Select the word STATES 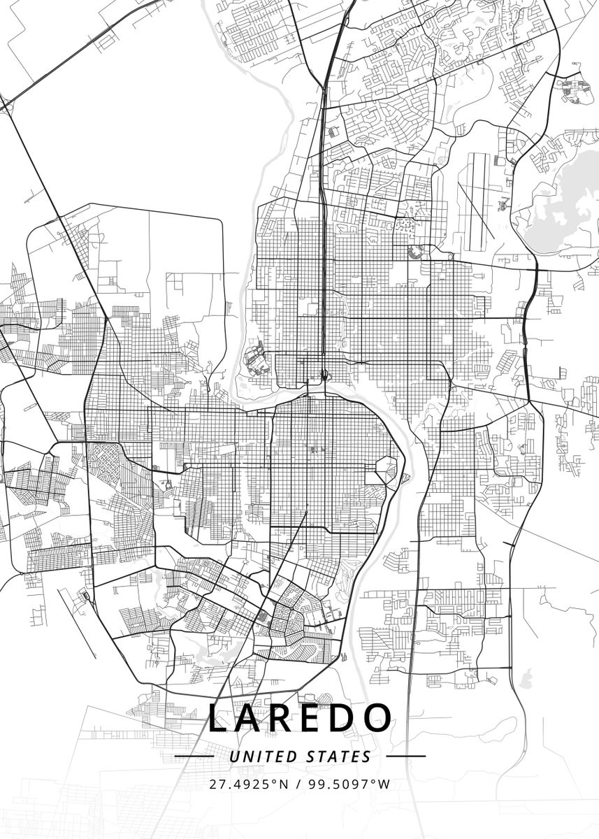pos(339,756)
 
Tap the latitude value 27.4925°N pos(247,784)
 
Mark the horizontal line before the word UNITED pos(194,756)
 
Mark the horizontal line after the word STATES pos(405,756)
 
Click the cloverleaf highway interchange pos(324,375)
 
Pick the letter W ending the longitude pos(384,784)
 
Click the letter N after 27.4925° pos(283,784)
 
